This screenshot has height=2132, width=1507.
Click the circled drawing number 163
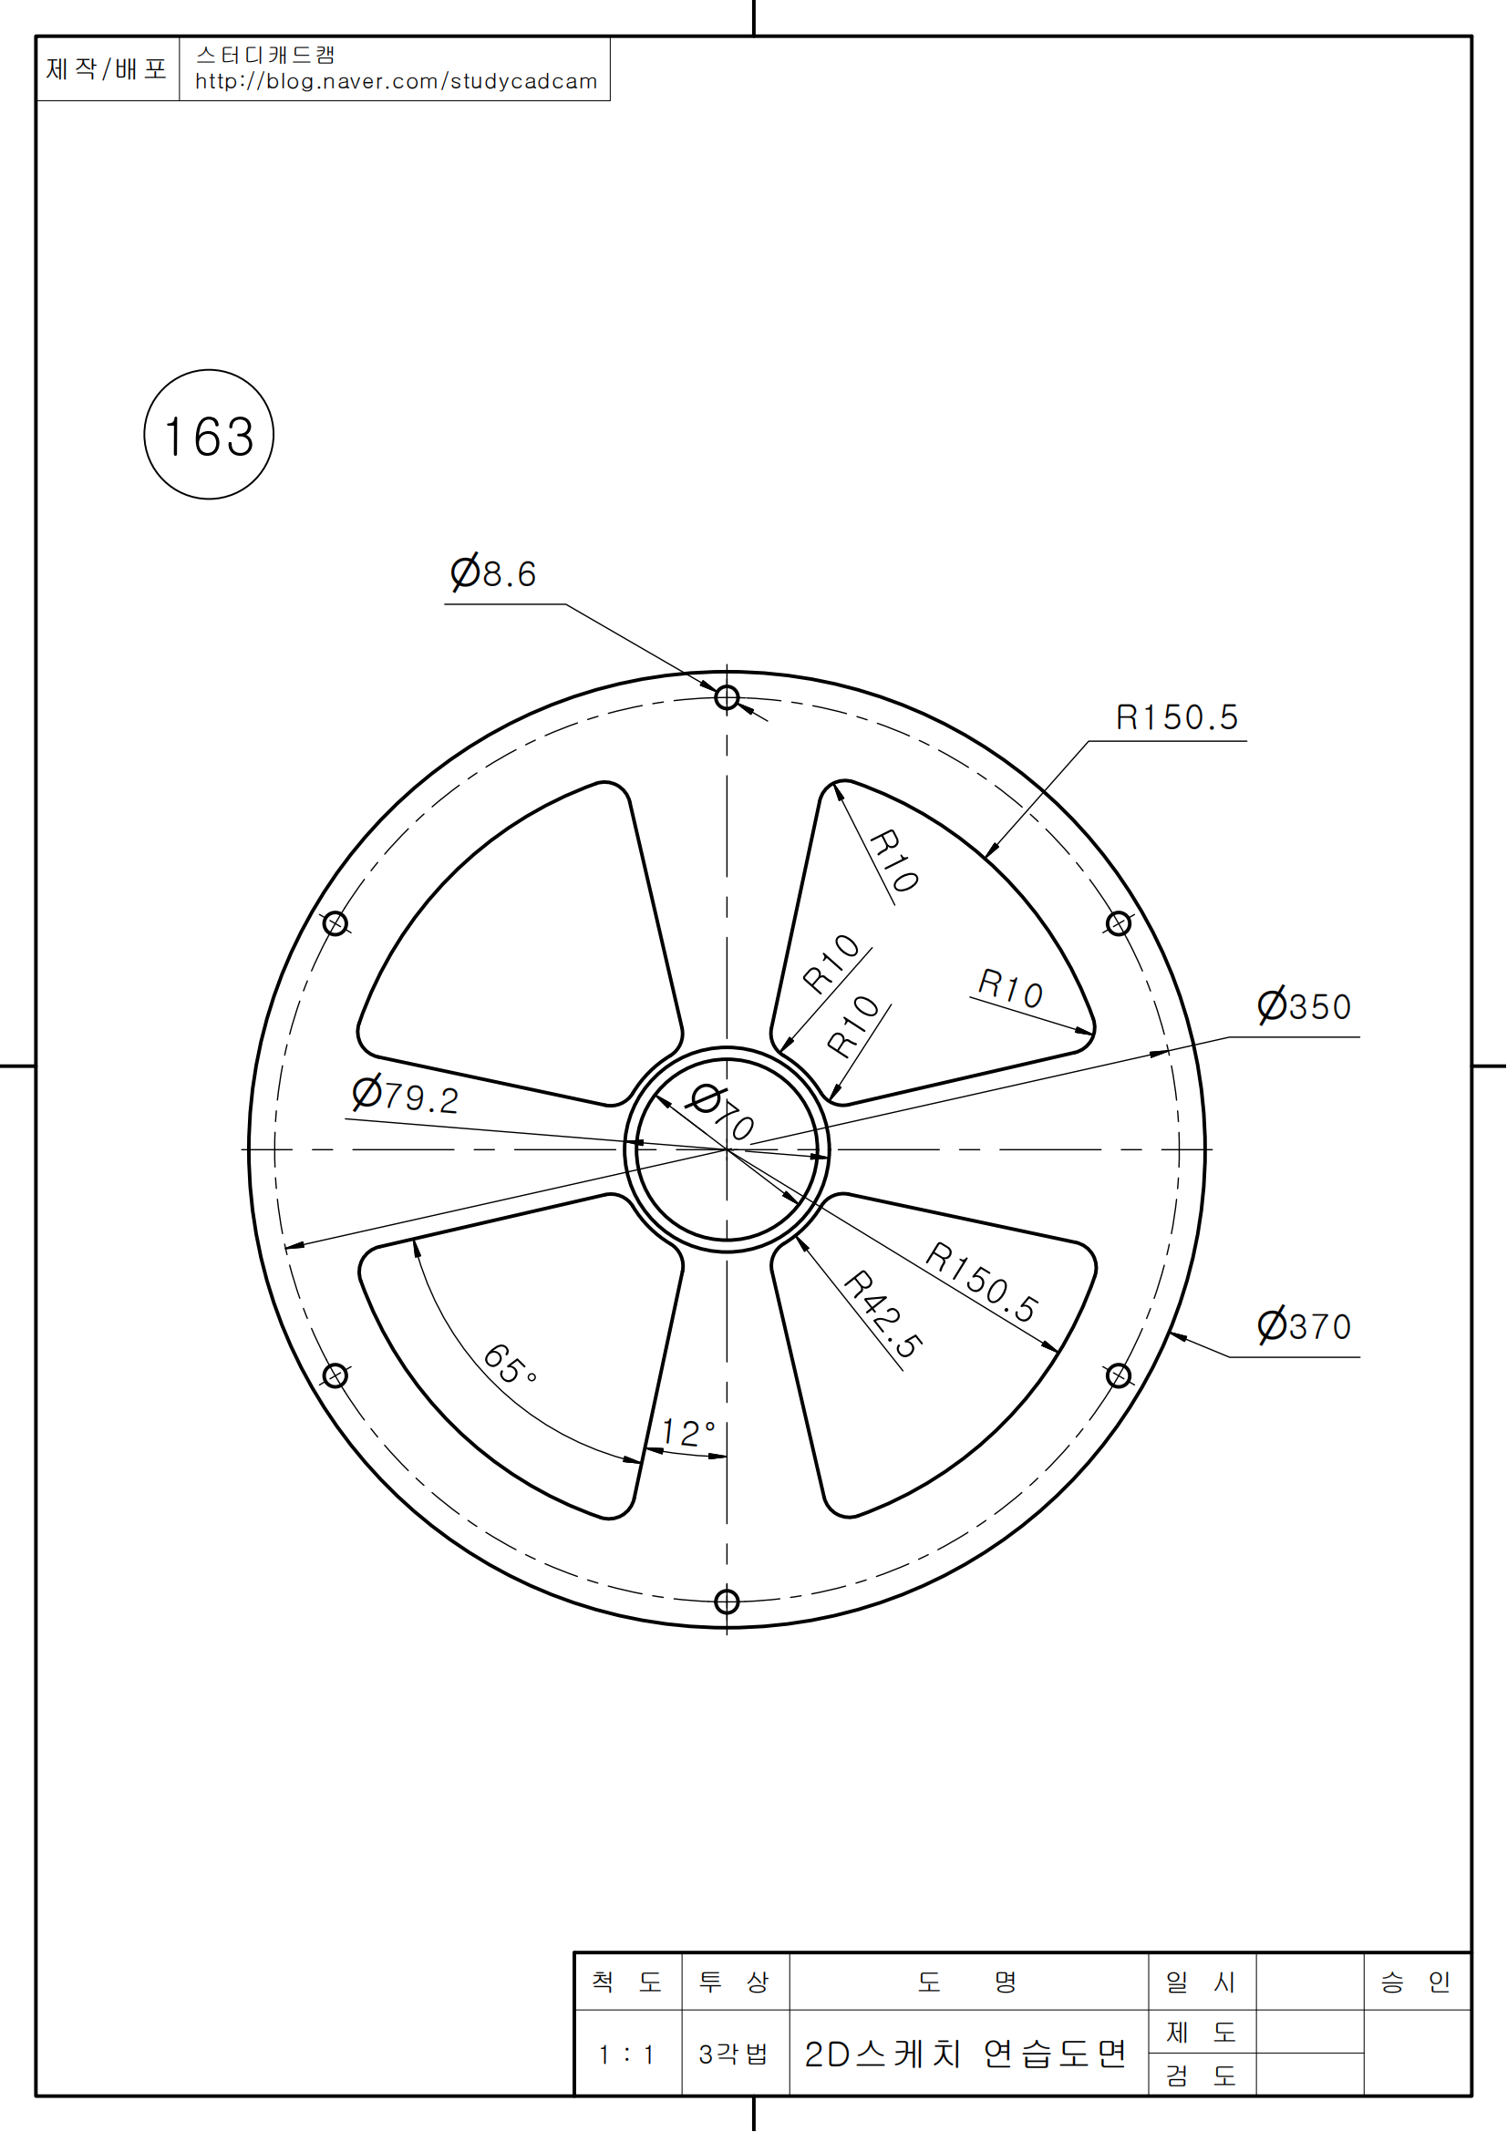coord(209,435)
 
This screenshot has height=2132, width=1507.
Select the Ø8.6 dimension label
coord(493,573)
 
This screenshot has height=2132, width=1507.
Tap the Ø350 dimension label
coord(1304,1004)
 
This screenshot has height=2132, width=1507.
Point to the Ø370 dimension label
coord(1304,1325)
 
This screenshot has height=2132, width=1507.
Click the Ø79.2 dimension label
coord(405,1096)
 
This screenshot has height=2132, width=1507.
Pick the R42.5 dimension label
coord(883,1315)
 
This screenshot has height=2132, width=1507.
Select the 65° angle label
coord(510,1365)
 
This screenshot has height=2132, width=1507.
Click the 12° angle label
coord(688,1433)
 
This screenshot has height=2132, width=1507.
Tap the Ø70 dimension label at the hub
coord(720,1111)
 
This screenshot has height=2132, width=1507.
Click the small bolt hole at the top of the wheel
coord(727,697)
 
